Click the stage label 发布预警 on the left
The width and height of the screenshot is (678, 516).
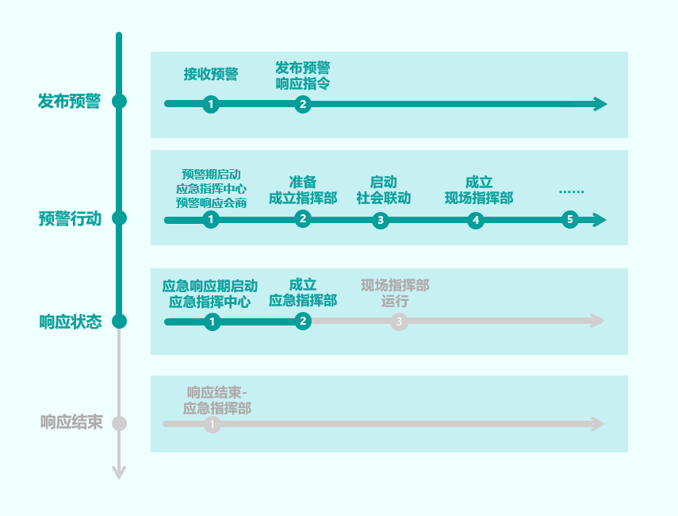(70, 102)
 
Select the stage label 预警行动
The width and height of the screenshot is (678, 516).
(70, 218)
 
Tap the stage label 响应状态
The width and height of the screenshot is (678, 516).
(71, 322)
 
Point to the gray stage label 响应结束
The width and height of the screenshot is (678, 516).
(71, 423)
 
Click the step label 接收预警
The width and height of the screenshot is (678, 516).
(211, 75)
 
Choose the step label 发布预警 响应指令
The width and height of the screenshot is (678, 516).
(303, 75)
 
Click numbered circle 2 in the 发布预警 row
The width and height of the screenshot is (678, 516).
(302, 104)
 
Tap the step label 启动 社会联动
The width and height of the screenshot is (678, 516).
(384, 191)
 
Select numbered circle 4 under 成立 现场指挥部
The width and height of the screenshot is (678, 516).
(476, 220)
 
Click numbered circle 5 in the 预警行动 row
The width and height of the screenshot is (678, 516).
(569, 220)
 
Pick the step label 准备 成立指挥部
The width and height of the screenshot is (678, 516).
(303, 191)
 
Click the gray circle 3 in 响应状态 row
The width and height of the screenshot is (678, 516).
(400, 322)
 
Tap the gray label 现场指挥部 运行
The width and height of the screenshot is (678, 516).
(395, 293)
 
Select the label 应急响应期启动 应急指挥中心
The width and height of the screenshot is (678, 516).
(210, 293)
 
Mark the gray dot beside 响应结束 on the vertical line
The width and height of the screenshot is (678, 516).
(119, 423)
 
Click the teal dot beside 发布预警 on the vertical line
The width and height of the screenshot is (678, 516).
(119, 102)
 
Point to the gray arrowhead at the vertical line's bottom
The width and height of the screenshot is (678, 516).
(119, 473)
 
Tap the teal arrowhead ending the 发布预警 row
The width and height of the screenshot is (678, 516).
(600, 104)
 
